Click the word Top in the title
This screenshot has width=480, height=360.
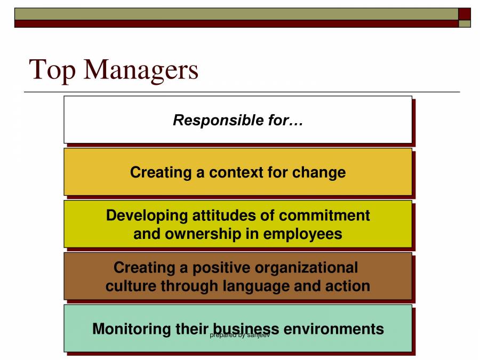pyautogui.click(x=52, y=69)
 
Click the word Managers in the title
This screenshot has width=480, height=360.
pyautogui.click(x=141, y=70)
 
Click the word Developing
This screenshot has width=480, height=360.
pyautogui.click(x=147, y=215)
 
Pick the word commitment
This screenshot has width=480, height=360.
pyautogui.click(x=324, y=215)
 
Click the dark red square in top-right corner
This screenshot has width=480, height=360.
pyautogui.click(x=465, y=13)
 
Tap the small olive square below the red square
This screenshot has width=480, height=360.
pyautogui.click(x=465, y=23)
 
